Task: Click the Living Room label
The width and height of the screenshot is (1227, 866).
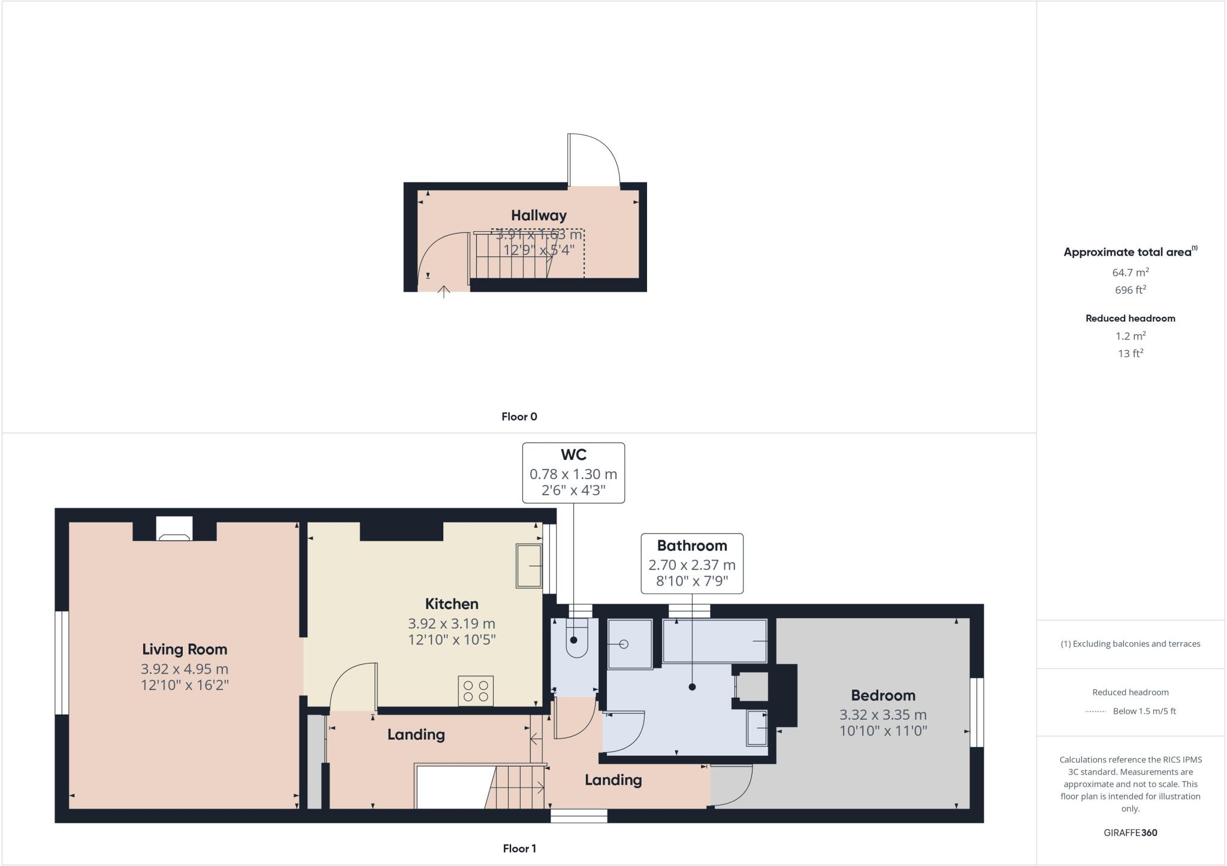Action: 185,649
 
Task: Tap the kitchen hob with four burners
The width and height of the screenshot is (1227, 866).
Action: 476,691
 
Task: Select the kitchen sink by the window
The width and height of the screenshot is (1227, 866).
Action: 529,566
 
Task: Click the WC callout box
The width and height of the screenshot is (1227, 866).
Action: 573,473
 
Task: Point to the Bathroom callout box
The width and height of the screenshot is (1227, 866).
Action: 692,564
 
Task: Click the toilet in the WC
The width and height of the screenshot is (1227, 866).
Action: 576,638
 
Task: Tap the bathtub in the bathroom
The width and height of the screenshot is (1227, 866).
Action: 715,641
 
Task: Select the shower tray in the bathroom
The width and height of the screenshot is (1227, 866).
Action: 630,644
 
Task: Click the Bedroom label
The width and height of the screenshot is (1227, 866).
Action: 883,695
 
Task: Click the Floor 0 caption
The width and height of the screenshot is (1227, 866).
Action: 519,417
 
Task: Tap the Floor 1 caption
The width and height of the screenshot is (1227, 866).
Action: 519,849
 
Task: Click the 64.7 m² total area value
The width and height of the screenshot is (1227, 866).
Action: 1130,272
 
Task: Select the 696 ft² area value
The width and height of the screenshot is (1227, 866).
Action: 1130,290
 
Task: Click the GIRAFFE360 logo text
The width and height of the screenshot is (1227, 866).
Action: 1130,832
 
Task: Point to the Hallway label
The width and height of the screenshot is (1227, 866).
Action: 539,215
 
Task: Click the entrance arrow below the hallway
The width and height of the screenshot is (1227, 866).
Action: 443,292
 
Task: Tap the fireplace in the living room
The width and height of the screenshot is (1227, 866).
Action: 174,529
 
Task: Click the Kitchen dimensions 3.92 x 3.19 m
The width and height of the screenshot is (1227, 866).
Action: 452,623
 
